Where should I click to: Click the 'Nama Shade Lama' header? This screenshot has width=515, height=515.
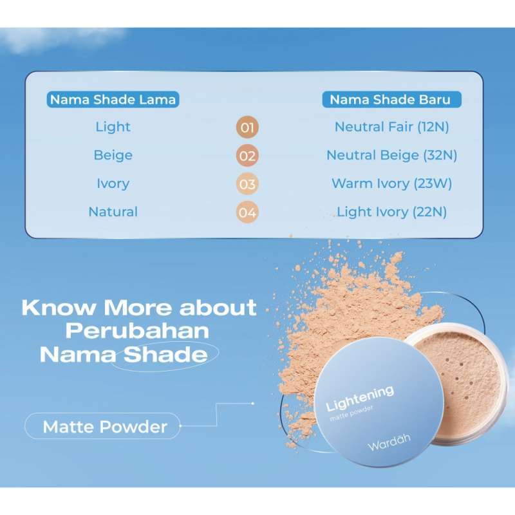point(113,100)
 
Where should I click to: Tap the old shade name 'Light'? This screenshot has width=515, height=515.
point(113,127)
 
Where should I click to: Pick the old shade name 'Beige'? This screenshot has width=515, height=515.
point(113,155)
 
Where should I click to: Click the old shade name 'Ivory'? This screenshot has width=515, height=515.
point(113,183)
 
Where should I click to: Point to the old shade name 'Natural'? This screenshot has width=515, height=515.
point(113,212)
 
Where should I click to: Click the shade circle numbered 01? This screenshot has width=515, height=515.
point(247,127)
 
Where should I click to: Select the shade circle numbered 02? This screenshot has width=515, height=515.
point(247,156)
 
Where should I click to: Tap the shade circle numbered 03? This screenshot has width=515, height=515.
point(247,184)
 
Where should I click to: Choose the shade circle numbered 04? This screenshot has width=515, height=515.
point(247,212)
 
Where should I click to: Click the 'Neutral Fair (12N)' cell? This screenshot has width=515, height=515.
point(391,127)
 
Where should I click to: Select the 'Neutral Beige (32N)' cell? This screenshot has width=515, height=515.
point(391,155)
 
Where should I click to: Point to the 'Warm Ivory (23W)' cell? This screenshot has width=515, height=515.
point(391,183)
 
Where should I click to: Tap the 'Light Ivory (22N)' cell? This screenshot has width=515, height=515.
point(391,212)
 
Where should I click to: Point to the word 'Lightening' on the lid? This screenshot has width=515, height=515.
point(360,398)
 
